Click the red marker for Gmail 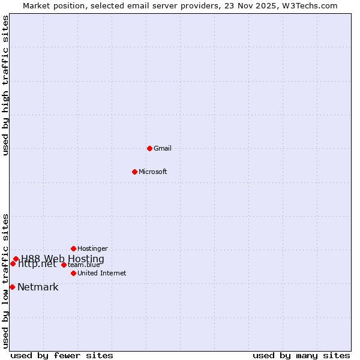click(x=149, y=148)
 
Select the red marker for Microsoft click(x=134, y=172)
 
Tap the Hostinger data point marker click(x=73, y=248)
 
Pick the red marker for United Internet click(x=73, y=273)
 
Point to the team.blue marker click(x=64, y=265)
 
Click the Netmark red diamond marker click(x=12, y=287)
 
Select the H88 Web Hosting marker click(x=16, y=259)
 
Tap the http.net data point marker click(x=13, y=263)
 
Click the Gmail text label click(x=163, y=148)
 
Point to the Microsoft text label click(x=153, y=172)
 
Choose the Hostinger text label click(x=93, y=248)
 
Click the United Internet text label click(x=102, y=273)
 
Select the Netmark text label click(x=38, y=287)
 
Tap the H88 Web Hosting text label click(x=62, y=259)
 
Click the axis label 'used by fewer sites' click(x=62, y=355)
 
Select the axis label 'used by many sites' click(x=301, y=355)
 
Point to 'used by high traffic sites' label click(x=6, y=85)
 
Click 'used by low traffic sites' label click(x=6, y=280)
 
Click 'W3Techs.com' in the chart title click(x=310, y=6)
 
